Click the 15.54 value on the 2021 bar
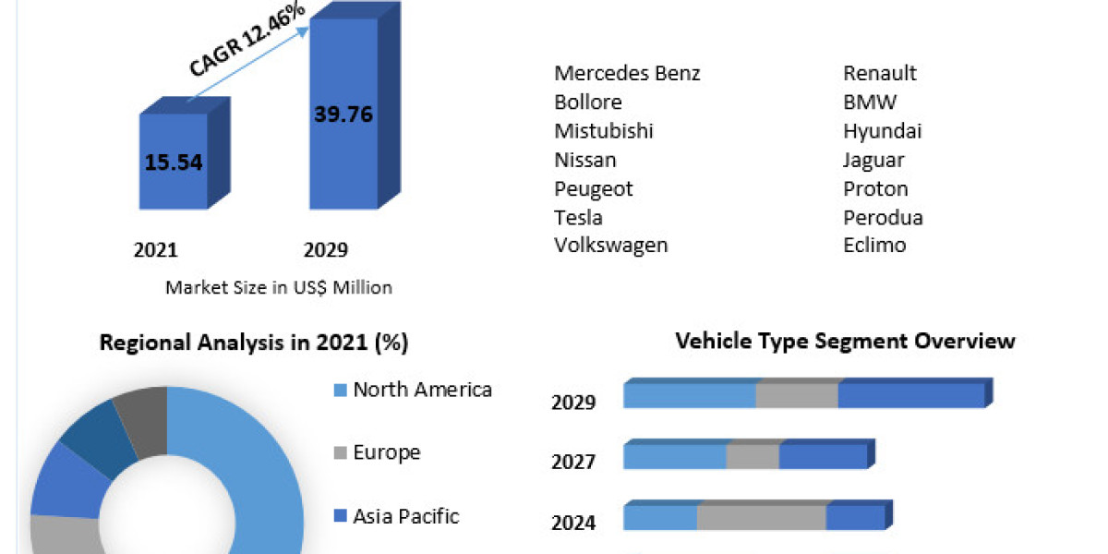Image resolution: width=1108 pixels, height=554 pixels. pyautogui.click(x=173, y=163)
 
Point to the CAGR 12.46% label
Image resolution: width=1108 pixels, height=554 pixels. pyautogui.click(x=247, y=40)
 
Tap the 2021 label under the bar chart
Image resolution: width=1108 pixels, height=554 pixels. pyautogui.click(x=155, y=250)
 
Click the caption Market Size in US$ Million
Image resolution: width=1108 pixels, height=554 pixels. pyautogui.click(x=278, y=287)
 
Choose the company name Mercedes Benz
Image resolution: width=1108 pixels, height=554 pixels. pyautogui.click(x=627, y=73)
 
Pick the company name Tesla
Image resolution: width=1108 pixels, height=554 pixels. pyautogui.click(x=578, y=217)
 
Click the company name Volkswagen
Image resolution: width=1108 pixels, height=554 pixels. pyautogui.click(x=610, y=245)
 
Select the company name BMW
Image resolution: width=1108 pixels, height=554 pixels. pyautogui.click(x=869, y=102)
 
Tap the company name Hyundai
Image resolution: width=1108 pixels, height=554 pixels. pyautogui.click(x=882, y=131)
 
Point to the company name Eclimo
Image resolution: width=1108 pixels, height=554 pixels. pyautogui.click(x=874, y=245)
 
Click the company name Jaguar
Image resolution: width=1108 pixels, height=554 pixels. pyautogui.click(x=873, y=160)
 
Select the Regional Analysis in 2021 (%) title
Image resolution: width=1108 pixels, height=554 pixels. pyautogui.click(x=253, y=343)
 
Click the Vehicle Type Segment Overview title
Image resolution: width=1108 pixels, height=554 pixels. pyautogui.click(x=845, y=341)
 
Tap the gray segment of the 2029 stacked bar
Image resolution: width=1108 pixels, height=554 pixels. pyautogui.click(x=797, y=395)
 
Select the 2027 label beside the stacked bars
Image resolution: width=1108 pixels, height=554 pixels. pyautogui.click(x=573, y=462)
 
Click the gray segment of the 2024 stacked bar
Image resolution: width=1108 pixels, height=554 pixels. pyautogui.click(x=761, y=518)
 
